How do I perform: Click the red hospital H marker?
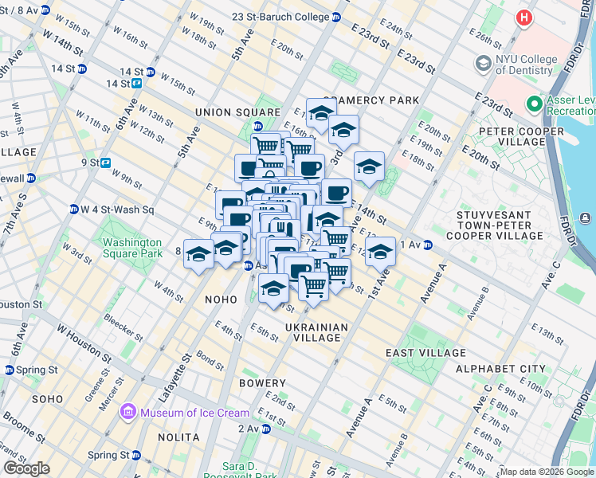point(523,18)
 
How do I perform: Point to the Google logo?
point(26,468)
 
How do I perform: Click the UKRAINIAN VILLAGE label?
point(317,332)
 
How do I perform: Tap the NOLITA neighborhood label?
point(178,437)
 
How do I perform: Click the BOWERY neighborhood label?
point(262,383)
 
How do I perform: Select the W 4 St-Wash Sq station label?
point(115,210)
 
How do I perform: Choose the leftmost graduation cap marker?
point(198,254)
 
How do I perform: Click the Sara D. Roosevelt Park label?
point(238,471)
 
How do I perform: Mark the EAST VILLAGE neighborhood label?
point(425,353)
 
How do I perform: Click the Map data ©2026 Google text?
point(547,472)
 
